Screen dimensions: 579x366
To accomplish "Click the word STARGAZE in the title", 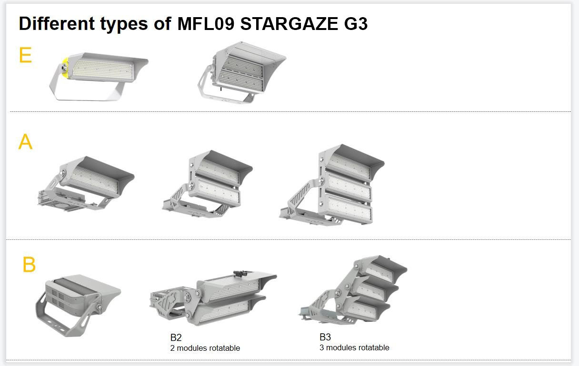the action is point(289,23).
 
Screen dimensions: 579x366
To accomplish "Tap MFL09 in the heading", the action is point(206,23).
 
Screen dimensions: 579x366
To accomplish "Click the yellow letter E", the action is point(25,55).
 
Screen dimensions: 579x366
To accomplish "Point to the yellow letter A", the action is point(25,141).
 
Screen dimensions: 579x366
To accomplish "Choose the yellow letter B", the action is point(29,264).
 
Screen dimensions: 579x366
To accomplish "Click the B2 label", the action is point(176,337).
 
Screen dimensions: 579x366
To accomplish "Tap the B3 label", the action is point(325,337).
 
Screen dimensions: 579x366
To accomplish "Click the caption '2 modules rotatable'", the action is point(205,348).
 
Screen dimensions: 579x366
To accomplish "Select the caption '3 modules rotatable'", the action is point(354,347).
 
